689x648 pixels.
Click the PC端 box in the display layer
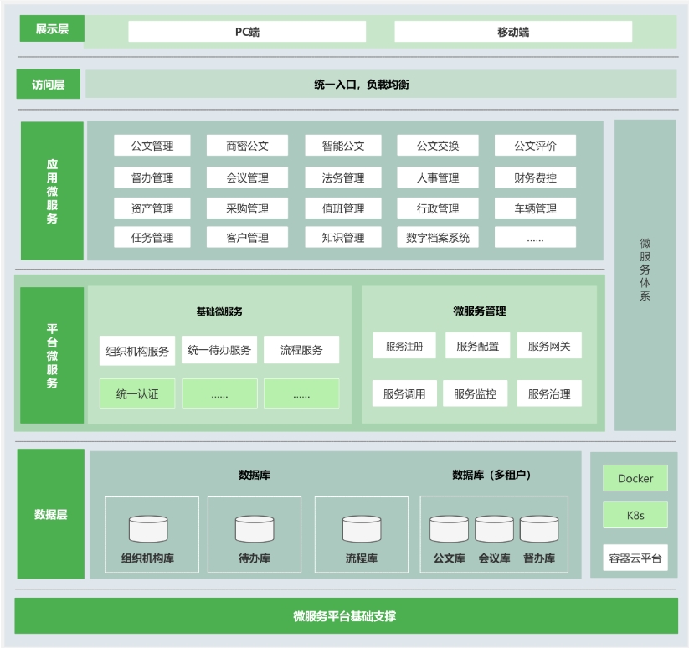[x=247, y=32]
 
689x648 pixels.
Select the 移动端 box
[x=513, y=32]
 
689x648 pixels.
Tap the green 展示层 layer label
[x=52, y=28]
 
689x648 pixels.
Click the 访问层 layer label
[x=49, y=84]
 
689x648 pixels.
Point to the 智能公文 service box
[x=343, y=146]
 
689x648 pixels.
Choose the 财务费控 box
[x=535, y=177]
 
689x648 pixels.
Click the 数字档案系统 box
[x=438, y=237]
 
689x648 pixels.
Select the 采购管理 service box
[x=248, y=208]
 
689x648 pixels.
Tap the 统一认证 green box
[x=137, y=393]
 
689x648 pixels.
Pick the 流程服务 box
[x=301, y=350]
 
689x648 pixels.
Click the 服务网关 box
[x=549, y=346]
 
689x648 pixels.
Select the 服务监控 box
[x=475, y=393]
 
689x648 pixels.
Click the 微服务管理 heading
[x=480, y=311]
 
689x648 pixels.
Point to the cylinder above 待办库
[x=255, y=528]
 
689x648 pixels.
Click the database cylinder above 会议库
[x=494, y=528]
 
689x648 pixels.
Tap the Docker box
[x=635, y=478]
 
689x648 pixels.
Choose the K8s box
[x=635, y=515]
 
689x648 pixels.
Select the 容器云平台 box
[x=635, y=558]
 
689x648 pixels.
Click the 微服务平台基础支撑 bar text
[x=345, y=616]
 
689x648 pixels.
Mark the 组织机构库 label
[x=147, y=558]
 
